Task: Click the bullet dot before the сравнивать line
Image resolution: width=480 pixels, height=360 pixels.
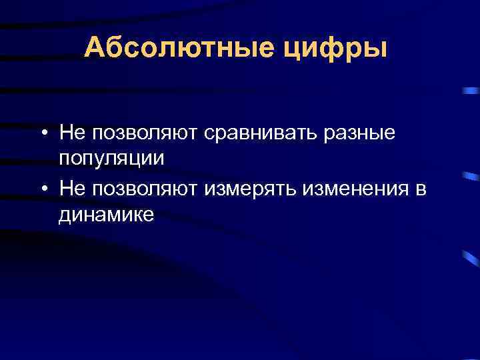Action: pyautogui.click(x=42, y=133)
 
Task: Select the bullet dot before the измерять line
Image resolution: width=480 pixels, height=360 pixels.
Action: pyautogui.click(x=42, y=190)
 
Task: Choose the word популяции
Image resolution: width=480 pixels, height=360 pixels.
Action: pyautogui.click(x=111, y=159)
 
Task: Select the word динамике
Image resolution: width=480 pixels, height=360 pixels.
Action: pyautogui.click(x=106, y=215)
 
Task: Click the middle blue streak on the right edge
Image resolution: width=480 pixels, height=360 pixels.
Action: pyautogui.click(x=470, y=177)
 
